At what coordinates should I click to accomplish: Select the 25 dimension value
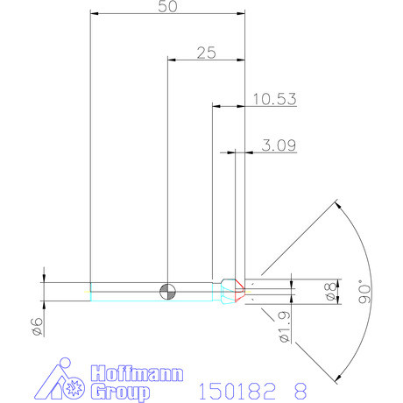click(x=206, y=53)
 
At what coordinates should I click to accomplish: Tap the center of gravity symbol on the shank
click(x=166, y=290)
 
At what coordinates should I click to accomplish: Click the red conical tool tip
click(x=238, y=290)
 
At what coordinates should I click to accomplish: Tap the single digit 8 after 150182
click(x=302, y=389)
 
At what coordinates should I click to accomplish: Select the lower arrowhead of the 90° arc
click(x=336, y=378)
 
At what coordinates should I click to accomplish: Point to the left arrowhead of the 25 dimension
click(x=170, y=60)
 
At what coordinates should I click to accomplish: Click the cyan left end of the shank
click(x=91, y=290)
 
